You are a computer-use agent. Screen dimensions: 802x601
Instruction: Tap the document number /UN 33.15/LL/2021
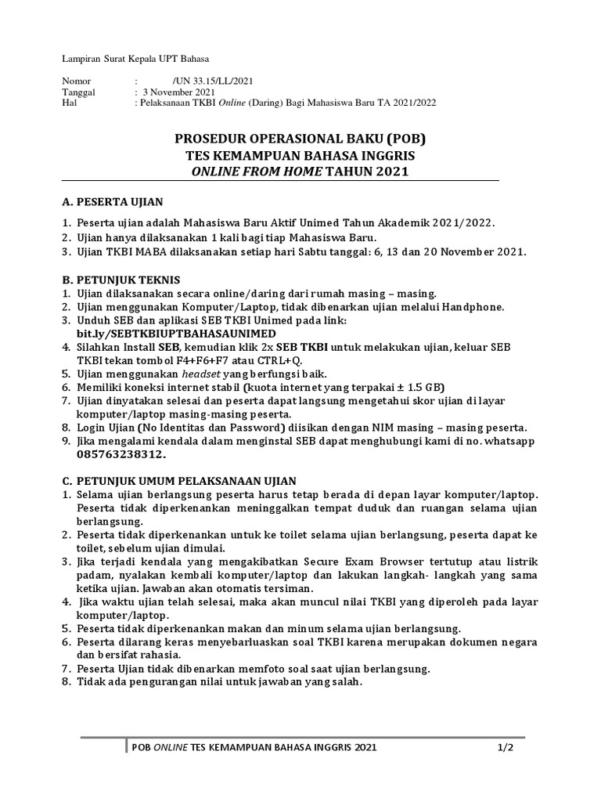212,81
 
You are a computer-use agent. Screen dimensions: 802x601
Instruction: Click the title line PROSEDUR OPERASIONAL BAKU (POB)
300,140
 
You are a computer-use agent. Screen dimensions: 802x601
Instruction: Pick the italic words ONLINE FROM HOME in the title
257,172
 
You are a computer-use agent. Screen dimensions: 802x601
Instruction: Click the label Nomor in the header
76,81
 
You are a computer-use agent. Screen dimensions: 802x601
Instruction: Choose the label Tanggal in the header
78,92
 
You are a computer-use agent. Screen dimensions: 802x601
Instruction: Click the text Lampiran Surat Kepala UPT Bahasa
136,59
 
